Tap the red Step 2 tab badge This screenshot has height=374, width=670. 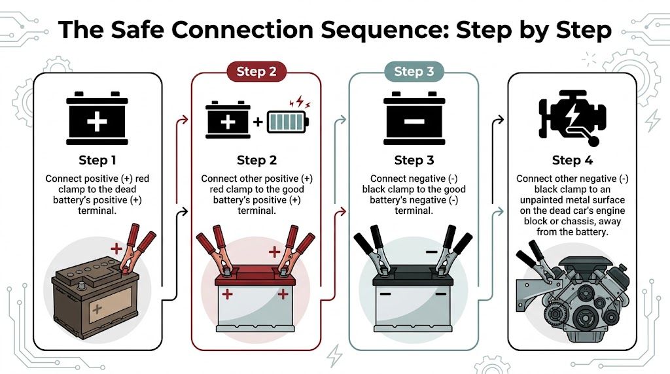pos(256,72)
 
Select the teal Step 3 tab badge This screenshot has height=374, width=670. pos(414,72)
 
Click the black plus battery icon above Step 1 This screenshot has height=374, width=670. pos(97,120)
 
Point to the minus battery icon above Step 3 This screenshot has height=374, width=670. pos(414,120)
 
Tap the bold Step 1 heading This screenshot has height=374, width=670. pos(97,160)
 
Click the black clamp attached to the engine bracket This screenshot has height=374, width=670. pos(531,258)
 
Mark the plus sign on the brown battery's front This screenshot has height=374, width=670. pos(97,308)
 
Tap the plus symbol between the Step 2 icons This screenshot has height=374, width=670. pos(257,122)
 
